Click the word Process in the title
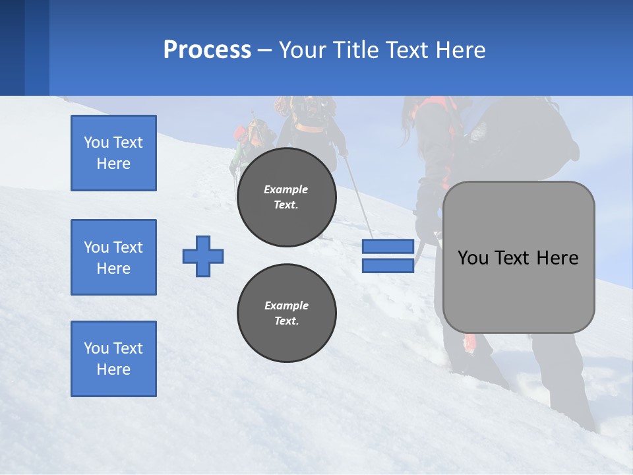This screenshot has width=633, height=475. click(207, 50)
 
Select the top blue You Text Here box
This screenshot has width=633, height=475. click(113, 153)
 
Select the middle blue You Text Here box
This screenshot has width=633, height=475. click(113, 257)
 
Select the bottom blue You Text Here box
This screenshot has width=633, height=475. click(113, 359)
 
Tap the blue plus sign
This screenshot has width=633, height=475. click(203, 256)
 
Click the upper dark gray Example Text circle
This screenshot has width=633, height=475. click(286, 197)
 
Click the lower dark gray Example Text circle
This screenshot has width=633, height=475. click(286, 313)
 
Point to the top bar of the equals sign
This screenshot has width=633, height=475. click(388, 247)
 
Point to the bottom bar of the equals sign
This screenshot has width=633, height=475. click(388, 266)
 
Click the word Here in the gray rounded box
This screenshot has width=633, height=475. click(557, 258)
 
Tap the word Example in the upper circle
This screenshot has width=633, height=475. click(286, 189)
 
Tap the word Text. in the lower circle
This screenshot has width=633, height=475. click(286, 321)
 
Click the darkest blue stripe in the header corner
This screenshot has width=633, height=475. click(12, 47)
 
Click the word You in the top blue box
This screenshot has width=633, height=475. click(96, 142)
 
